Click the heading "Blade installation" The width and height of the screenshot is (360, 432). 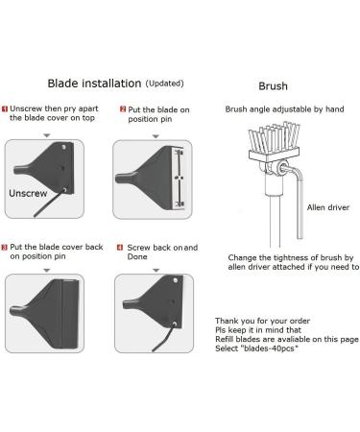point(94,84)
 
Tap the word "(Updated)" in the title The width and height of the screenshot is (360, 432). point(164,84)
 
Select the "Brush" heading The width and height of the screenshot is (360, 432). point(273,86)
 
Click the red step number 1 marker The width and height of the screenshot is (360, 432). point(5,108)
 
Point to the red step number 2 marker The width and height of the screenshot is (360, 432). point(123,109)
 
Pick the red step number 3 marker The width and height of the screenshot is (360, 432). point(5,247)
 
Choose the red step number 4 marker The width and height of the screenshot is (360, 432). point(120,247)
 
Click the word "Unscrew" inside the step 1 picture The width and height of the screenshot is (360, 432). point(28,193)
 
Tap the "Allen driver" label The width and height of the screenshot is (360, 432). point(328,207)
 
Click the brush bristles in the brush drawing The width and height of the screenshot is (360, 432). point(274,137)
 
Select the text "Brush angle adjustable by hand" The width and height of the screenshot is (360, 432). point(284,109)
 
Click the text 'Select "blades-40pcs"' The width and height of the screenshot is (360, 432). point(256,348)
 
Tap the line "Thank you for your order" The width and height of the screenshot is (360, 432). point(262,321)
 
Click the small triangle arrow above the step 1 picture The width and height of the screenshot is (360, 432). point(47,135)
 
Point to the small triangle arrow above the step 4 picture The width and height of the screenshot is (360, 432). point(156,271)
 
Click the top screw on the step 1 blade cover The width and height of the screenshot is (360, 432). point(64,147)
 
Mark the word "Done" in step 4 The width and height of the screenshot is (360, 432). point(137,256)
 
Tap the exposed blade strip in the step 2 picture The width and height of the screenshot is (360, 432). point(179,178)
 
